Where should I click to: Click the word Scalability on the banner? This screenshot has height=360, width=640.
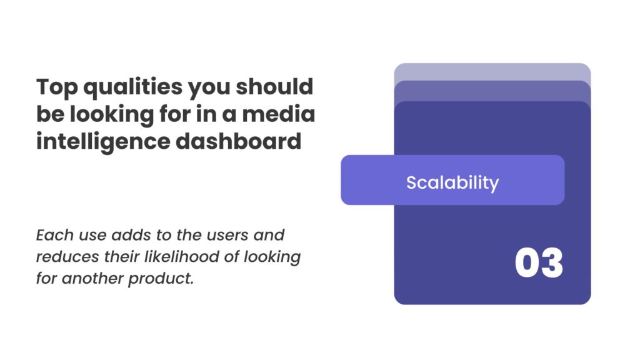pos(452,182)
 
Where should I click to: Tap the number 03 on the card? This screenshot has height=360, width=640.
pos(539,263)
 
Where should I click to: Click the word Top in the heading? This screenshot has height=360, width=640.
pos(57,87)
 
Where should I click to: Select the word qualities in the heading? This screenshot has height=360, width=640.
pos(132,87)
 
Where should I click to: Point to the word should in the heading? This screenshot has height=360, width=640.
pos(274,86)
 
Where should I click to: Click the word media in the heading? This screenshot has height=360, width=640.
pos(278,114)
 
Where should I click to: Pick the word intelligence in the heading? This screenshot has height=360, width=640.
pos(103,142)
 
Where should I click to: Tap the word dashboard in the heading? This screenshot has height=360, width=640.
pos(238,141)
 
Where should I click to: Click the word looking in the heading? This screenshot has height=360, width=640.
pos(111,115)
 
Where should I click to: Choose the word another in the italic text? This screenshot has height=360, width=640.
pos(92,278)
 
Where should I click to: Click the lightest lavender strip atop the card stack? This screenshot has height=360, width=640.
pos(492,72)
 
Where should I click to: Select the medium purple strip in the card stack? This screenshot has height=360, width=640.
pos(492,91)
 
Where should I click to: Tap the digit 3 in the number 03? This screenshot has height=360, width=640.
pos(552,263)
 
